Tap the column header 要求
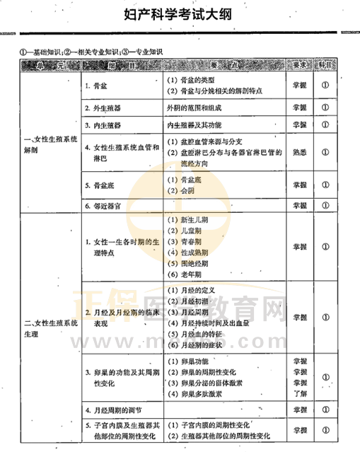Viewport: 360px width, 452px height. (299, 65)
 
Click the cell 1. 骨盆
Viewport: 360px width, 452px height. (97, 87)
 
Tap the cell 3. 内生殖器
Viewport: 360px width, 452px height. (103, 126)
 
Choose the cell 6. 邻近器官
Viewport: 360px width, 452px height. (103, 206)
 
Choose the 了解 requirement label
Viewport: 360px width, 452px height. (299, 393)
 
